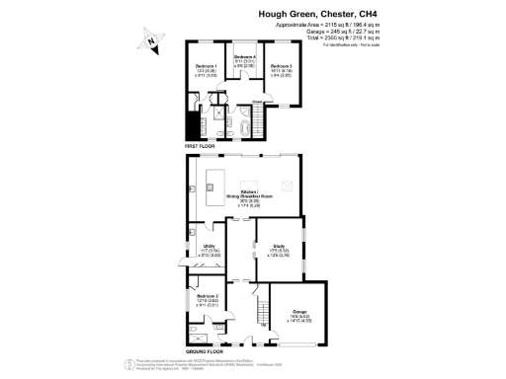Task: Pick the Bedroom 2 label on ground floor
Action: pos(207,299)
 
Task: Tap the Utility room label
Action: pos(209,249)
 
